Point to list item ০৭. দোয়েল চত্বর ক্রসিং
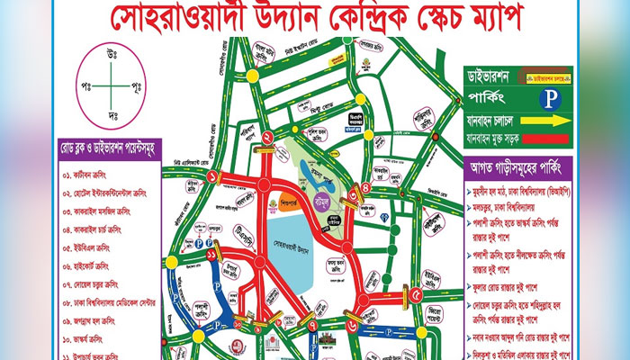[104, 285]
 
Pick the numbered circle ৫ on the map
[415, 294]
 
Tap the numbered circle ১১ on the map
[210, 257]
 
